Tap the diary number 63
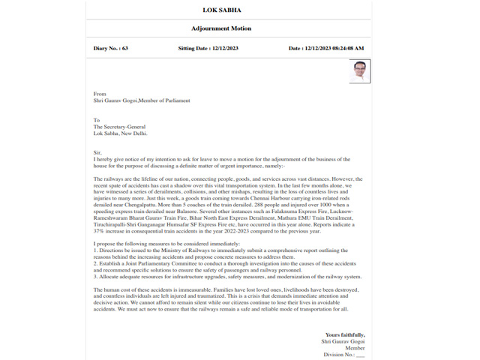[x=124, y=48]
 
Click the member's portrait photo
[x=359, y=73]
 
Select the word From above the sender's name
[x=100, y=94]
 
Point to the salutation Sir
[x=97, y=153]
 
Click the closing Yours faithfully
[x=345, y=334]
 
